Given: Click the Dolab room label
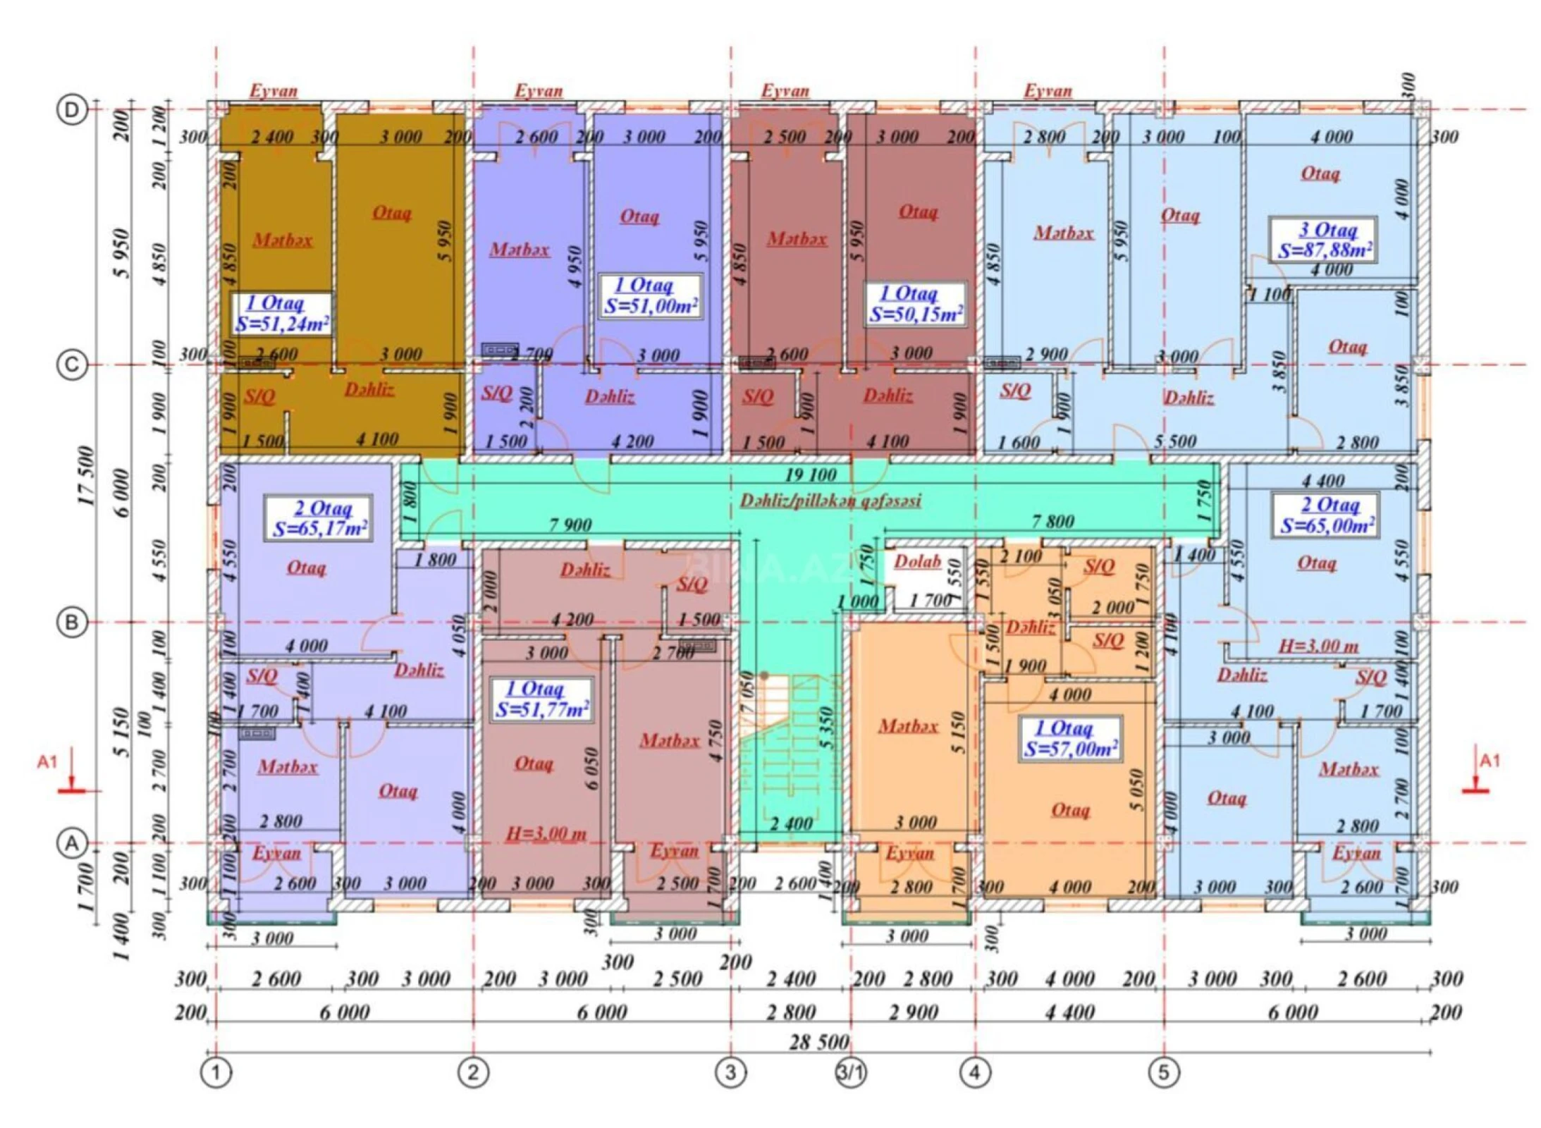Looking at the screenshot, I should pyautogui.click(x=917, y=561).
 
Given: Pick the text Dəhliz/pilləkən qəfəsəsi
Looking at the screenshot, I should pyautogui.click(x=830, y=500).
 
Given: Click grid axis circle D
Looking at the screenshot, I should pyautogui.click(x=72, y=111).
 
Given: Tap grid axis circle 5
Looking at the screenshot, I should pyautogui.click(x=1163, y=1072).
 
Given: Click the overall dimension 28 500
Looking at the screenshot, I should pyautogui.click(x=818, y=1041).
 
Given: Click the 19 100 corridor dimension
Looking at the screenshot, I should pyautogui.click(x=811, y=474).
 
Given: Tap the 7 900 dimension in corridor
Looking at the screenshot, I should pyautogui.click(x=570, y=525).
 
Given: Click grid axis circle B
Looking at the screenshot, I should pyautogui.click(x=72, y=623).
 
